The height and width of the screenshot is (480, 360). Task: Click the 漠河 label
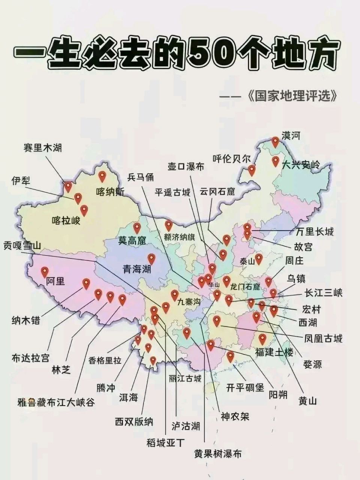291,136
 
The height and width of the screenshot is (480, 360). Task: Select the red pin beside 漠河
276,142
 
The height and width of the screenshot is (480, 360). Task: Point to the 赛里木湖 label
42,148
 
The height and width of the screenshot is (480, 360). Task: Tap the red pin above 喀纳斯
102,176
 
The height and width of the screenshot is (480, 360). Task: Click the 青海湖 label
137,268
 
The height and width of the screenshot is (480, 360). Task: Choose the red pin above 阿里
45,271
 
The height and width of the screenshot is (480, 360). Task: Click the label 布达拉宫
30,358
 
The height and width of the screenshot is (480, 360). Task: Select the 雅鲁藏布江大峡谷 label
56,403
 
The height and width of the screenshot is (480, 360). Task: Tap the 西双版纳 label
134,421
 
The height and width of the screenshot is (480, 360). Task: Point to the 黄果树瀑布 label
217,454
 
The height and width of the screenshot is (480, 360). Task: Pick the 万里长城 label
314,232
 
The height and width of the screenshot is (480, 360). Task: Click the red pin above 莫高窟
137,227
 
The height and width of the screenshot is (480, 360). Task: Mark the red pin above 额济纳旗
169,225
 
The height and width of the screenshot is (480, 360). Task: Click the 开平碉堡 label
245,388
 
